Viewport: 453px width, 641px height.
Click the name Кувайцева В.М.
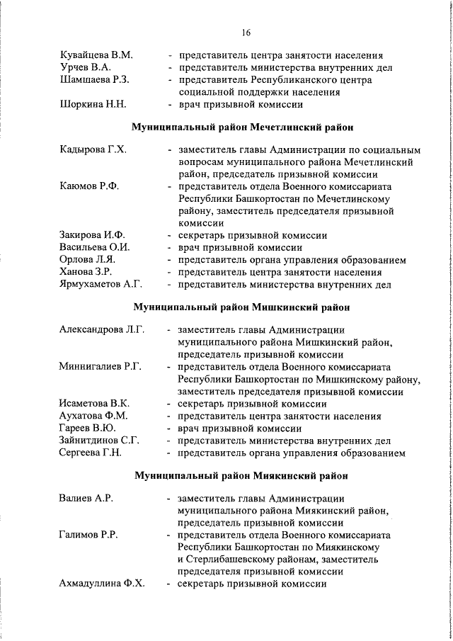96,55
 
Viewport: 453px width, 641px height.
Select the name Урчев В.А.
85,67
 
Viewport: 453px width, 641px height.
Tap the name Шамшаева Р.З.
94,80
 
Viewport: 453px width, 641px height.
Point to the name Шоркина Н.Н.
93,105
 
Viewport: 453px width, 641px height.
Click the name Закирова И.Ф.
93,235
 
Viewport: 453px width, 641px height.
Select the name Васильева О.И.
95,248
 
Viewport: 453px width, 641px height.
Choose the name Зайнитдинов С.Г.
99,441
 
